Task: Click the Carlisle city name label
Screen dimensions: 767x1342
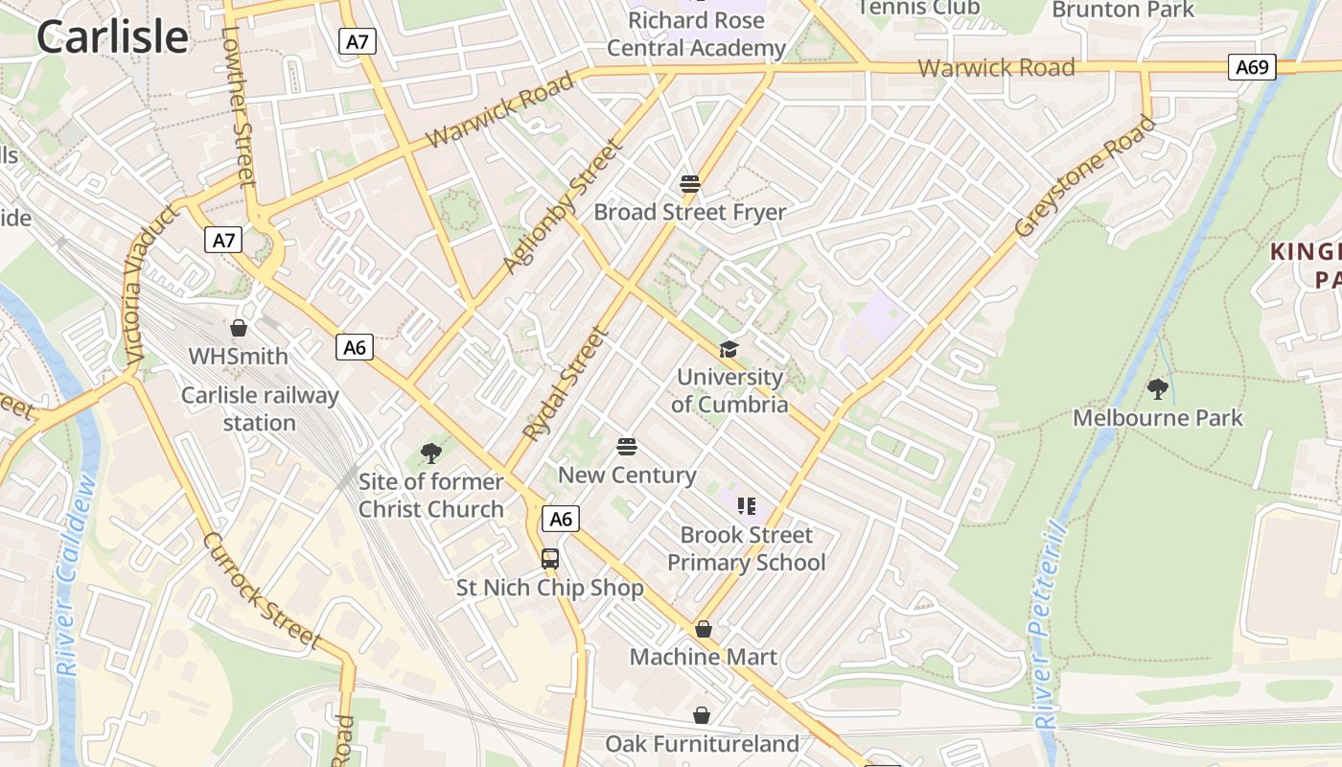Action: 112,36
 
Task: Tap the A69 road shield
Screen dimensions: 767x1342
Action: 1252,66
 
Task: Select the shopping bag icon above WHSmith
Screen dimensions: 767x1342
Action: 239,328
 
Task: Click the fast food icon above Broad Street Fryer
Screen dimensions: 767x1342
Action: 690,183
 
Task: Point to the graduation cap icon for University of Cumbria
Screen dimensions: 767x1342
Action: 729,349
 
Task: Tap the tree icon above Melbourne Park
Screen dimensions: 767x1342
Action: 1158,389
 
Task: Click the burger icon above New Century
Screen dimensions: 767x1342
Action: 627,447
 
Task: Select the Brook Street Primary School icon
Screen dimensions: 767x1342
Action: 747,506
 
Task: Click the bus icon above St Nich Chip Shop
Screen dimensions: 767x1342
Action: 550,559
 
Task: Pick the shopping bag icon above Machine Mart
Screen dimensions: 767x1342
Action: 704,629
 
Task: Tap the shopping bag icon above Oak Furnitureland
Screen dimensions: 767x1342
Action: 702,715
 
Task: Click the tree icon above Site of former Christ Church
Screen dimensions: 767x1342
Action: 431,453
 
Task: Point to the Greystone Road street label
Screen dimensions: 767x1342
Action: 1086,177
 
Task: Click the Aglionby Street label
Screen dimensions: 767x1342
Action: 563,206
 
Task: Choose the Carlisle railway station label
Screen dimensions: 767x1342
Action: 260,409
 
